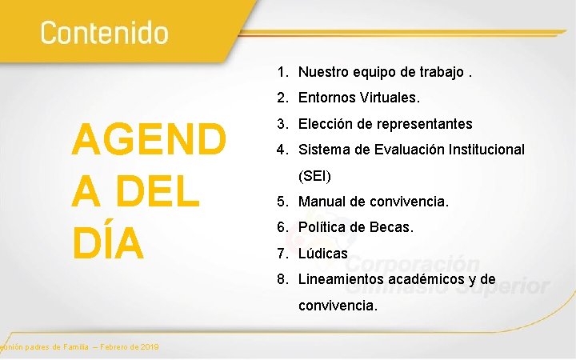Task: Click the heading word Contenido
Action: coord(105,33)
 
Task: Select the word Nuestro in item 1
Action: coord(323,72)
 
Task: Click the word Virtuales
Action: coord(389,98)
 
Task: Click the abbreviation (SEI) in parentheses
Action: coord(314,175)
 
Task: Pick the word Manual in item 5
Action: coord(322,202)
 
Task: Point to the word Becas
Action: coord(392,227)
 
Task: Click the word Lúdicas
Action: coord(323,254)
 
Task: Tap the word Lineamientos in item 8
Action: coord(341,279)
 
